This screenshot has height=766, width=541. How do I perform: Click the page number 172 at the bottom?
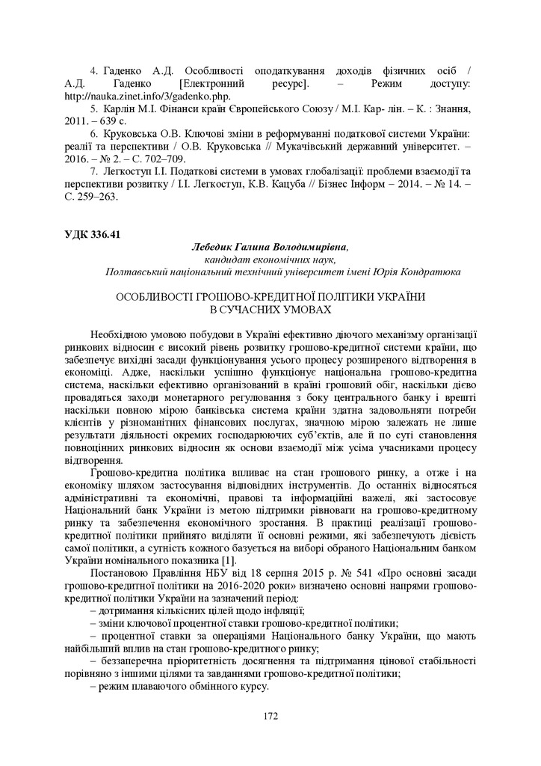click(270, 717)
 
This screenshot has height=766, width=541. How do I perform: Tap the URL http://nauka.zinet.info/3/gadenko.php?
click(148, 96)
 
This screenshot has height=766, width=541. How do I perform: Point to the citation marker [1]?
click(231, 560)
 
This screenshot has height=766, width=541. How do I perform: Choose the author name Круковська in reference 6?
click(129, 135)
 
